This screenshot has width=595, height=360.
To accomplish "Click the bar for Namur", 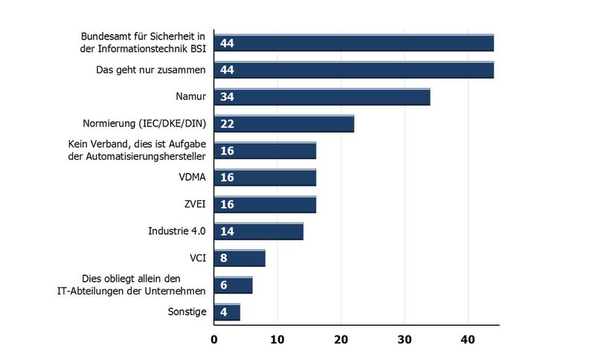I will tap(321, 97).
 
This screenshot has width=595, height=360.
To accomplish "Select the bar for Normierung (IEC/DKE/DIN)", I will tap(283, 123).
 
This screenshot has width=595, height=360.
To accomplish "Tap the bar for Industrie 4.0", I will tap(258, 231).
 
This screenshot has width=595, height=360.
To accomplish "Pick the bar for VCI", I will tap(239, 258).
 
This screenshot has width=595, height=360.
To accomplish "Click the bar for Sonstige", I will tap(227, 312).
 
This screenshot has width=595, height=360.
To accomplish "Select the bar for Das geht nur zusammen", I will tap(353, 70).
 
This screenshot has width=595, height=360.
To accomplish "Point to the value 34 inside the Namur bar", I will tap(227, 97).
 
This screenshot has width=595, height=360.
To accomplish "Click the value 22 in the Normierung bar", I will tap(227, 124).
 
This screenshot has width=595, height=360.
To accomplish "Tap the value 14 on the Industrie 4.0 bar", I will tap(227, 231).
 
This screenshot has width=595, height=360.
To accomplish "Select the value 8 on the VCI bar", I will tap(223, 258).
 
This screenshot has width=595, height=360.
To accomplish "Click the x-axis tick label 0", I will tap(214, 341).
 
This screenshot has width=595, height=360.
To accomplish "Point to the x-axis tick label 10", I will tap(277, 341).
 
